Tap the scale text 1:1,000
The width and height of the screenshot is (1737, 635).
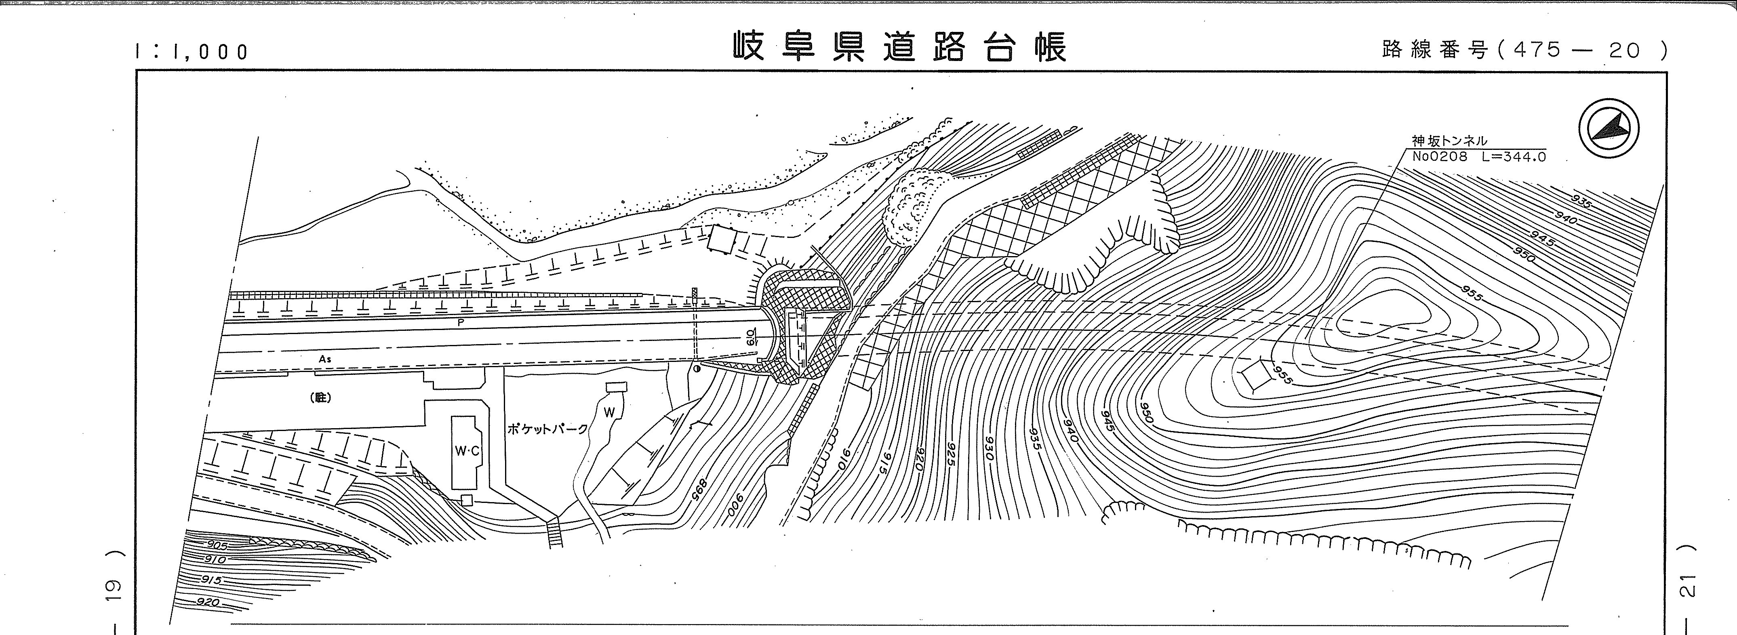[x=192, y=52]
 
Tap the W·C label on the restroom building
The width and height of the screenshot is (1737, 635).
[x=467, y=451]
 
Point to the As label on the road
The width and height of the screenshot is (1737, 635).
[x=325, y=359]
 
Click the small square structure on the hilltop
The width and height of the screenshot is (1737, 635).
[x=1252, y=376]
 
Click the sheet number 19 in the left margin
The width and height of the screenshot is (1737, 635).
[x=113, y=588]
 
